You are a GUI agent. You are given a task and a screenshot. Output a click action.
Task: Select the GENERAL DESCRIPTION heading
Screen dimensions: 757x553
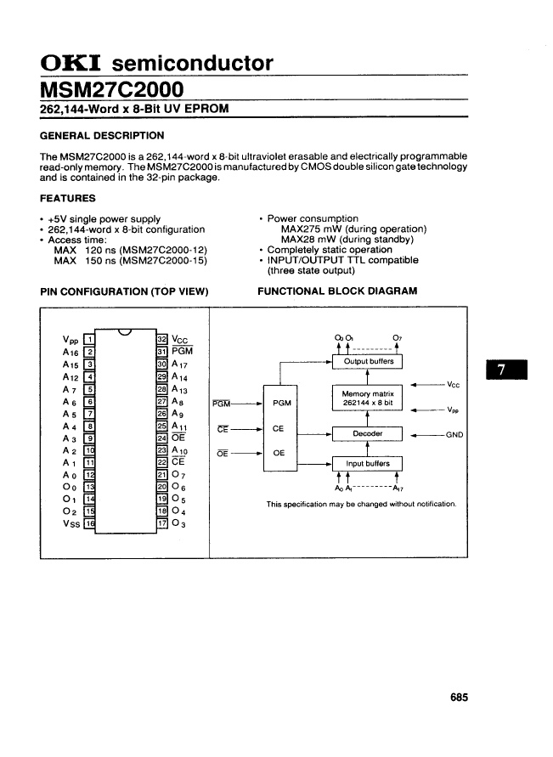pyautogui.click(x=103, y=135)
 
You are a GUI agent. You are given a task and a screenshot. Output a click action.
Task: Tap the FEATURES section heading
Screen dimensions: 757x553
pyautogui.click(x=68, y=198)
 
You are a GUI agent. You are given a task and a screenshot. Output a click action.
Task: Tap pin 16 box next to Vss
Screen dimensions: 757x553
pyautogui.click(x=89, y=524)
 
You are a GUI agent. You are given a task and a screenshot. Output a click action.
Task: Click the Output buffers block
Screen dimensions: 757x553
pyautogui.click(x=367, y=361)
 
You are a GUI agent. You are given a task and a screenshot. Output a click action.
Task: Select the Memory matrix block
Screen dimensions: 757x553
pyautogui.click(x=367, y=398)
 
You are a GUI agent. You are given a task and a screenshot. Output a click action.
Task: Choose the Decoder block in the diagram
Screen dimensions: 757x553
pyautogui.click(x=367, y=433)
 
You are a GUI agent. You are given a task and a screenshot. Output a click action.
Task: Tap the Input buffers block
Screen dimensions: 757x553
pyautogui.click(x=367, y=463)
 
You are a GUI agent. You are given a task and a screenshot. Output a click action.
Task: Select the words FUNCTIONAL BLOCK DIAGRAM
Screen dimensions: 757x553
pyautogui.click(x=337, y=291)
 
